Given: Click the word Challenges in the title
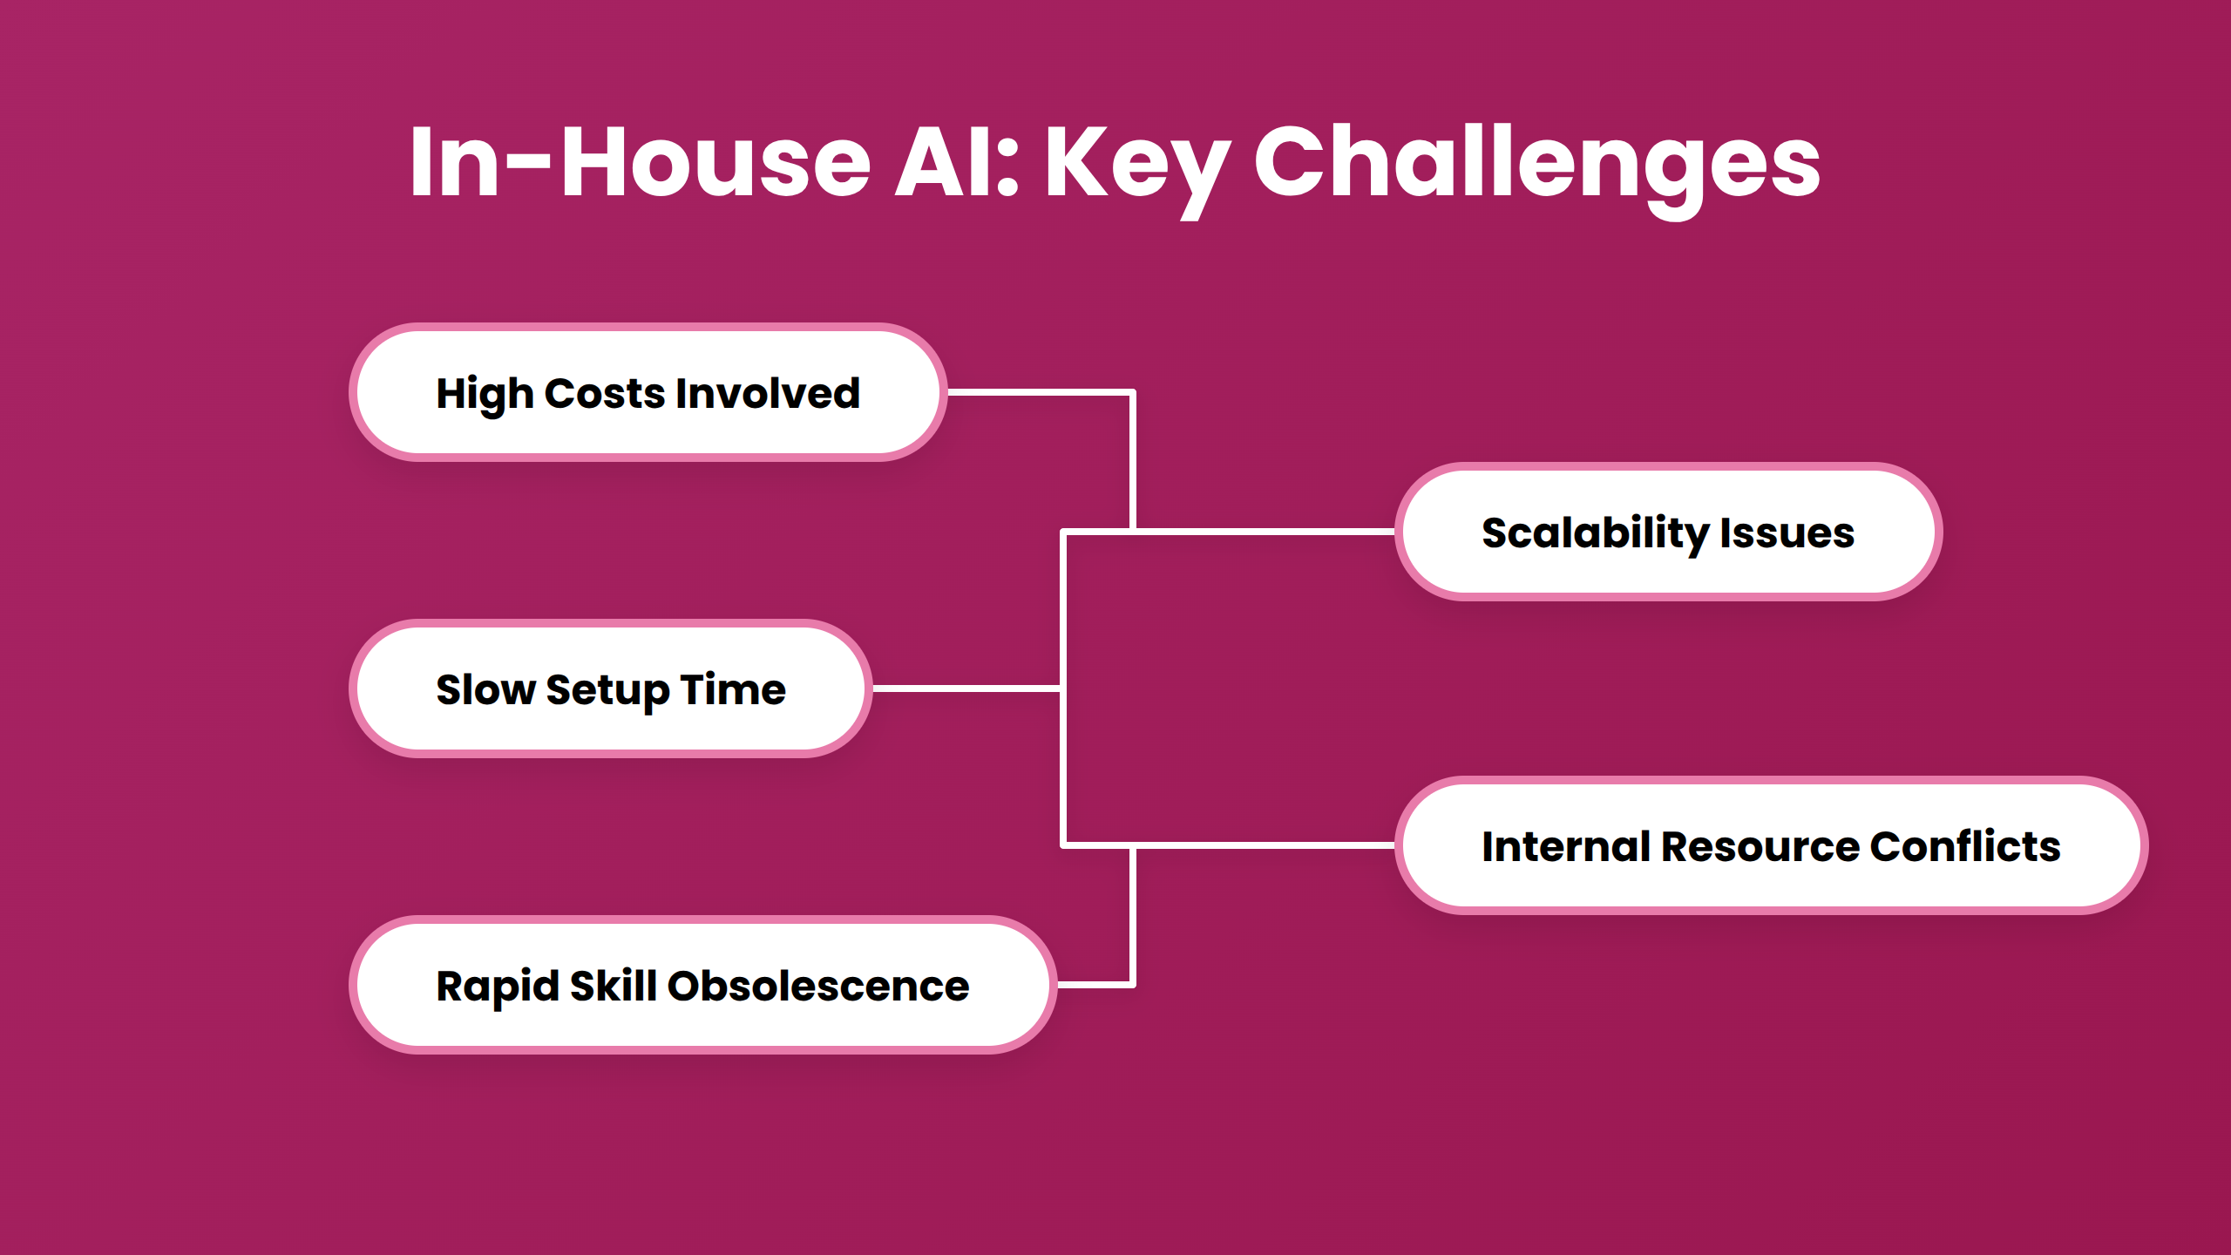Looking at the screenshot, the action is tap(1537, 166).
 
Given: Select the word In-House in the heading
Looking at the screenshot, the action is tap(641, 161).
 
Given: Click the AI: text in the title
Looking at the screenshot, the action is tap(957, 161).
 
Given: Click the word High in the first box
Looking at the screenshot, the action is tap(484, 395).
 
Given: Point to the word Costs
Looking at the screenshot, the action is tap(606, 393).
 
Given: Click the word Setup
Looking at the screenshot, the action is tap(607, 691).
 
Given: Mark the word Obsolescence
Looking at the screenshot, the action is tap(818, 986).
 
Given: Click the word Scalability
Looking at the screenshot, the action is tap(1595, 534).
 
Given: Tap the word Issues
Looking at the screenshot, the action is tap(1787, 533).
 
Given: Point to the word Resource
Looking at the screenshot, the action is tap(1760, 846).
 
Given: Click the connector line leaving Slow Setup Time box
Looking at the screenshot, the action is tap(967, 689).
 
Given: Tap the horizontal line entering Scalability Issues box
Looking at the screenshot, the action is tap(1229, 531).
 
